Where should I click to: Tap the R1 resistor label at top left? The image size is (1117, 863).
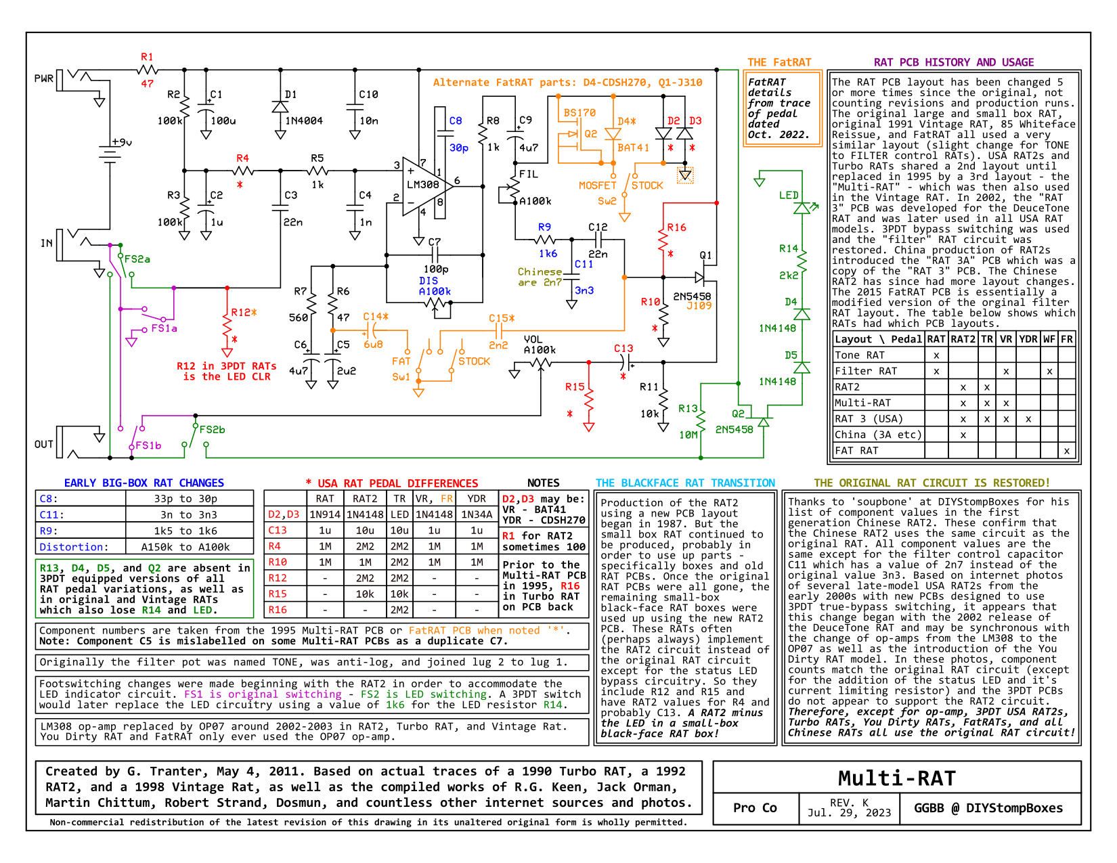147,57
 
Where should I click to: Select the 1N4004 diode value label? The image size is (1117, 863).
304,120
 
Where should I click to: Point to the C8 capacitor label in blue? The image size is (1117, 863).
456,120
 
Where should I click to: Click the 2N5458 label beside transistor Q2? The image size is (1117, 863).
734,430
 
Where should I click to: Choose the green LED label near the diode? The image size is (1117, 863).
789,196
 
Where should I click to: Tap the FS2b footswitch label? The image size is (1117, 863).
212,430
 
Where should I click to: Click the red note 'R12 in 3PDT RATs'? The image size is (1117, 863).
226,366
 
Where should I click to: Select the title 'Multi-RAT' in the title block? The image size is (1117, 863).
896,778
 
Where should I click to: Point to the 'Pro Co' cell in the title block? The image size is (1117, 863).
755,807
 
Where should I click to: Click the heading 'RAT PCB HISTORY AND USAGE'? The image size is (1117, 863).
953,62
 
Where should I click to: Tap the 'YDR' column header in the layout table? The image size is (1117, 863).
1028,339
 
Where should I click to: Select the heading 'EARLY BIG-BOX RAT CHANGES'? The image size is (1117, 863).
144,483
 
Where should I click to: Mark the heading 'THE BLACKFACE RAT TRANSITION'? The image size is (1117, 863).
684,483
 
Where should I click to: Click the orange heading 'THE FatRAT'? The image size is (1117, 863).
779,62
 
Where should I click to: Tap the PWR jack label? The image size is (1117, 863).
44,79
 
